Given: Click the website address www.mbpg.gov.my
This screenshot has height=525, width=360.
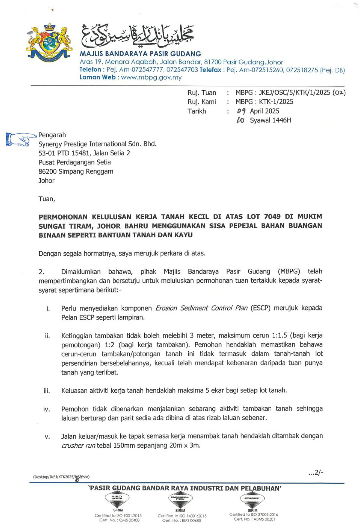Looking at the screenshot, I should click(x=151, y=77).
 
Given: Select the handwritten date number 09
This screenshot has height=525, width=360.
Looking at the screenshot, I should click(x=241, y=111).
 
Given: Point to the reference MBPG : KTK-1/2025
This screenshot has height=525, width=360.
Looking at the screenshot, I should click(x=264, y=102).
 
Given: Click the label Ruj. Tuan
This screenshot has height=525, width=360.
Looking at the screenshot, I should click(x=202, y=93).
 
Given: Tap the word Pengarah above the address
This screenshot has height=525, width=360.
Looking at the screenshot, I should click(x=52, y=135).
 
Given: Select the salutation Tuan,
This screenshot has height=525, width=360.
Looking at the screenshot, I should click(x=47, y=199).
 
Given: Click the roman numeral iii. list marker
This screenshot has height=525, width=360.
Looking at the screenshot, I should click(x=47, y=391).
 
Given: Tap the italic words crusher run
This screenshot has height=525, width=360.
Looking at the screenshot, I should click(x=78, y=446).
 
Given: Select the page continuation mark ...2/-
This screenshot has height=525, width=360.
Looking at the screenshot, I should click(x=316, y=473).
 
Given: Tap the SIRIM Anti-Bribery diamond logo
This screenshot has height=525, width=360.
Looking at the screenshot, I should click(x=252, y=499).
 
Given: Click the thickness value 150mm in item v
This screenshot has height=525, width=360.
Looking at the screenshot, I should click(x=124, y=445).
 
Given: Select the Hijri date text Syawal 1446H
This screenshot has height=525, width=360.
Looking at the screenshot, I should click(x=270, y=120).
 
